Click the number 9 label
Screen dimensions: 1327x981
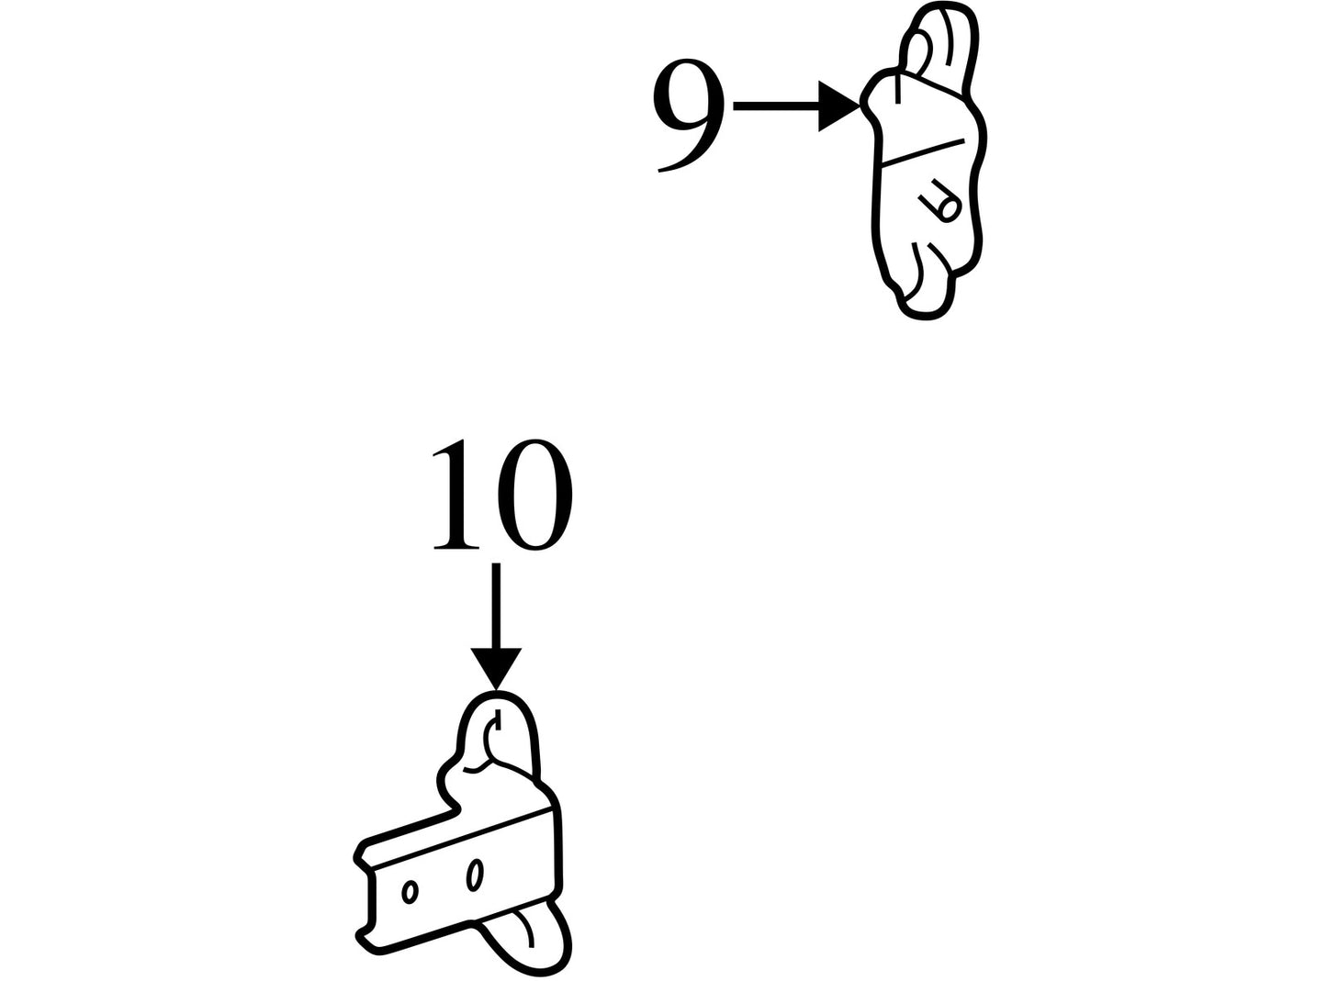click(x=688, y=116)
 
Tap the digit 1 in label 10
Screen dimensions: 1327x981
click(x=455, y=495)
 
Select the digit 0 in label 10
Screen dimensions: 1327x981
click(x=534, y=495)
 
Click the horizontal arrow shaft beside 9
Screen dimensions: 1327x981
click(x=776, y=106)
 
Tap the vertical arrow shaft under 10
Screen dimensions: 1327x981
click(x=496, y=606)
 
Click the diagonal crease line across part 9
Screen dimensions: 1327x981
click(x=924, y=151)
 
